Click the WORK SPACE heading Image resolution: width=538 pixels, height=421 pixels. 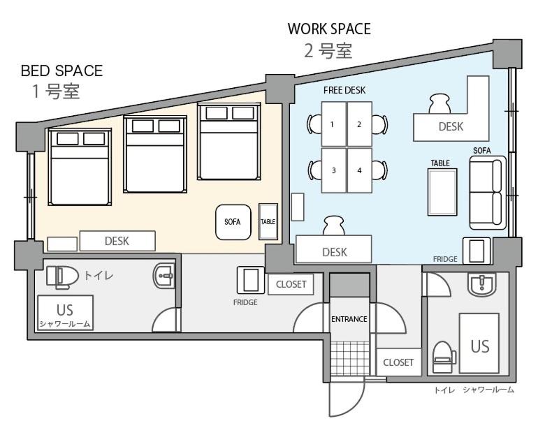coord(329,29)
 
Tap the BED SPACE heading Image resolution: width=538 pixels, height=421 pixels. coord(61,71)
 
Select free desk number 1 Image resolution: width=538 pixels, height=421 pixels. coord(333,124)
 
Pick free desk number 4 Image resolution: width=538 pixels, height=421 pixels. coord(360,170)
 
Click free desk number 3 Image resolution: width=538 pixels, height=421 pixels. coord(333,170)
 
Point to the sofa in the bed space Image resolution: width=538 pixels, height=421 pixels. coord(233,222)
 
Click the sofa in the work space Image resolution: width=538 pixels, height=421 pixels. coord(488,193)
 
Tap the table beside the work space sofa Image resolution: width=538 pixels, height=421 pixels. coord(442,192)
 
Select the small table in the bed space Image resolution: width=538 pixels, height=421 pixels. coord(268,221)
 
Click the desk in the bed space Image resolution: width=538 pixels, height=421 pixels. coord(117,241)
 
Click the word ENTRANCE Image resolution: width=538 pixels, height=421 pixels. coord(349,319)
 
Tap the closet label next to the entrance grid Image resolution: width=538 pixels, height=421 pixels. coord(398,362)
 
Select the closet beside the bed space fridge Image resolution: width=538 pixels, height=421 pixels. coord(291,284)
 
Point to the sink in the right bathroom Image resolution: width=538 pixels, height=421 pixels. coord(482,284)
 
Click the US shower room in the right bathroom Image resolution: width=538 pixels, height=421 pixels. coord(479,344)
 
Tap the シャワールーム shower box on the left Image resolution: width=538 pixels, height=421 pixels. coord(65,313)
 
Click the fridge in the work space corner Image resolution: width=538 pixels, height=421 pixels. coord(477,251)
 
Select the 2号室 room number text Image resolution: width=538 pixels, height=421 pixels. coord(328,51)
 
